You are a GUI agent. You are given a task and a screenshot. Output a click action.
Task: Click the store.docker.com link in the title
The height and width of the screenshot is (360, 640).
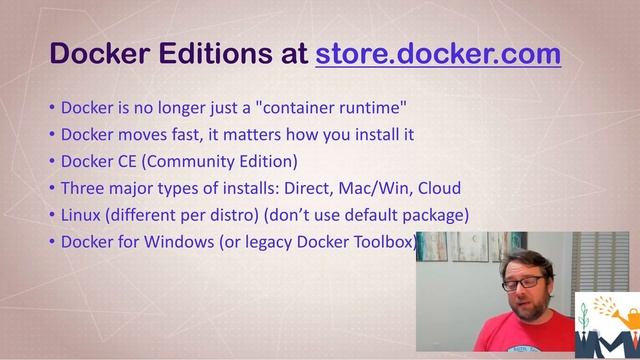click(x=438, y=53)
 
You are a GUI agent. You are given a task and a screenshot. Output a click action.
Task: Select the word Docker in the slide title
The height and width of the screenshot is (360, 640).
click(x=97, y=53)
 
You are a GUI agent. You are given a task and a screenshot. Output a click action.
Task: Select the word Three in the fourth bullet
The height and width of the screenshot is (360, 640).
click(x=84, y=188)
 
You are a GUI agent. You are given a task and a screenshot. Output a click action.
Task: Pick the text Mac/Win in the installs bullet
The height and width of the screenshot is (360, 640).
click(x=383, y=188)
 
